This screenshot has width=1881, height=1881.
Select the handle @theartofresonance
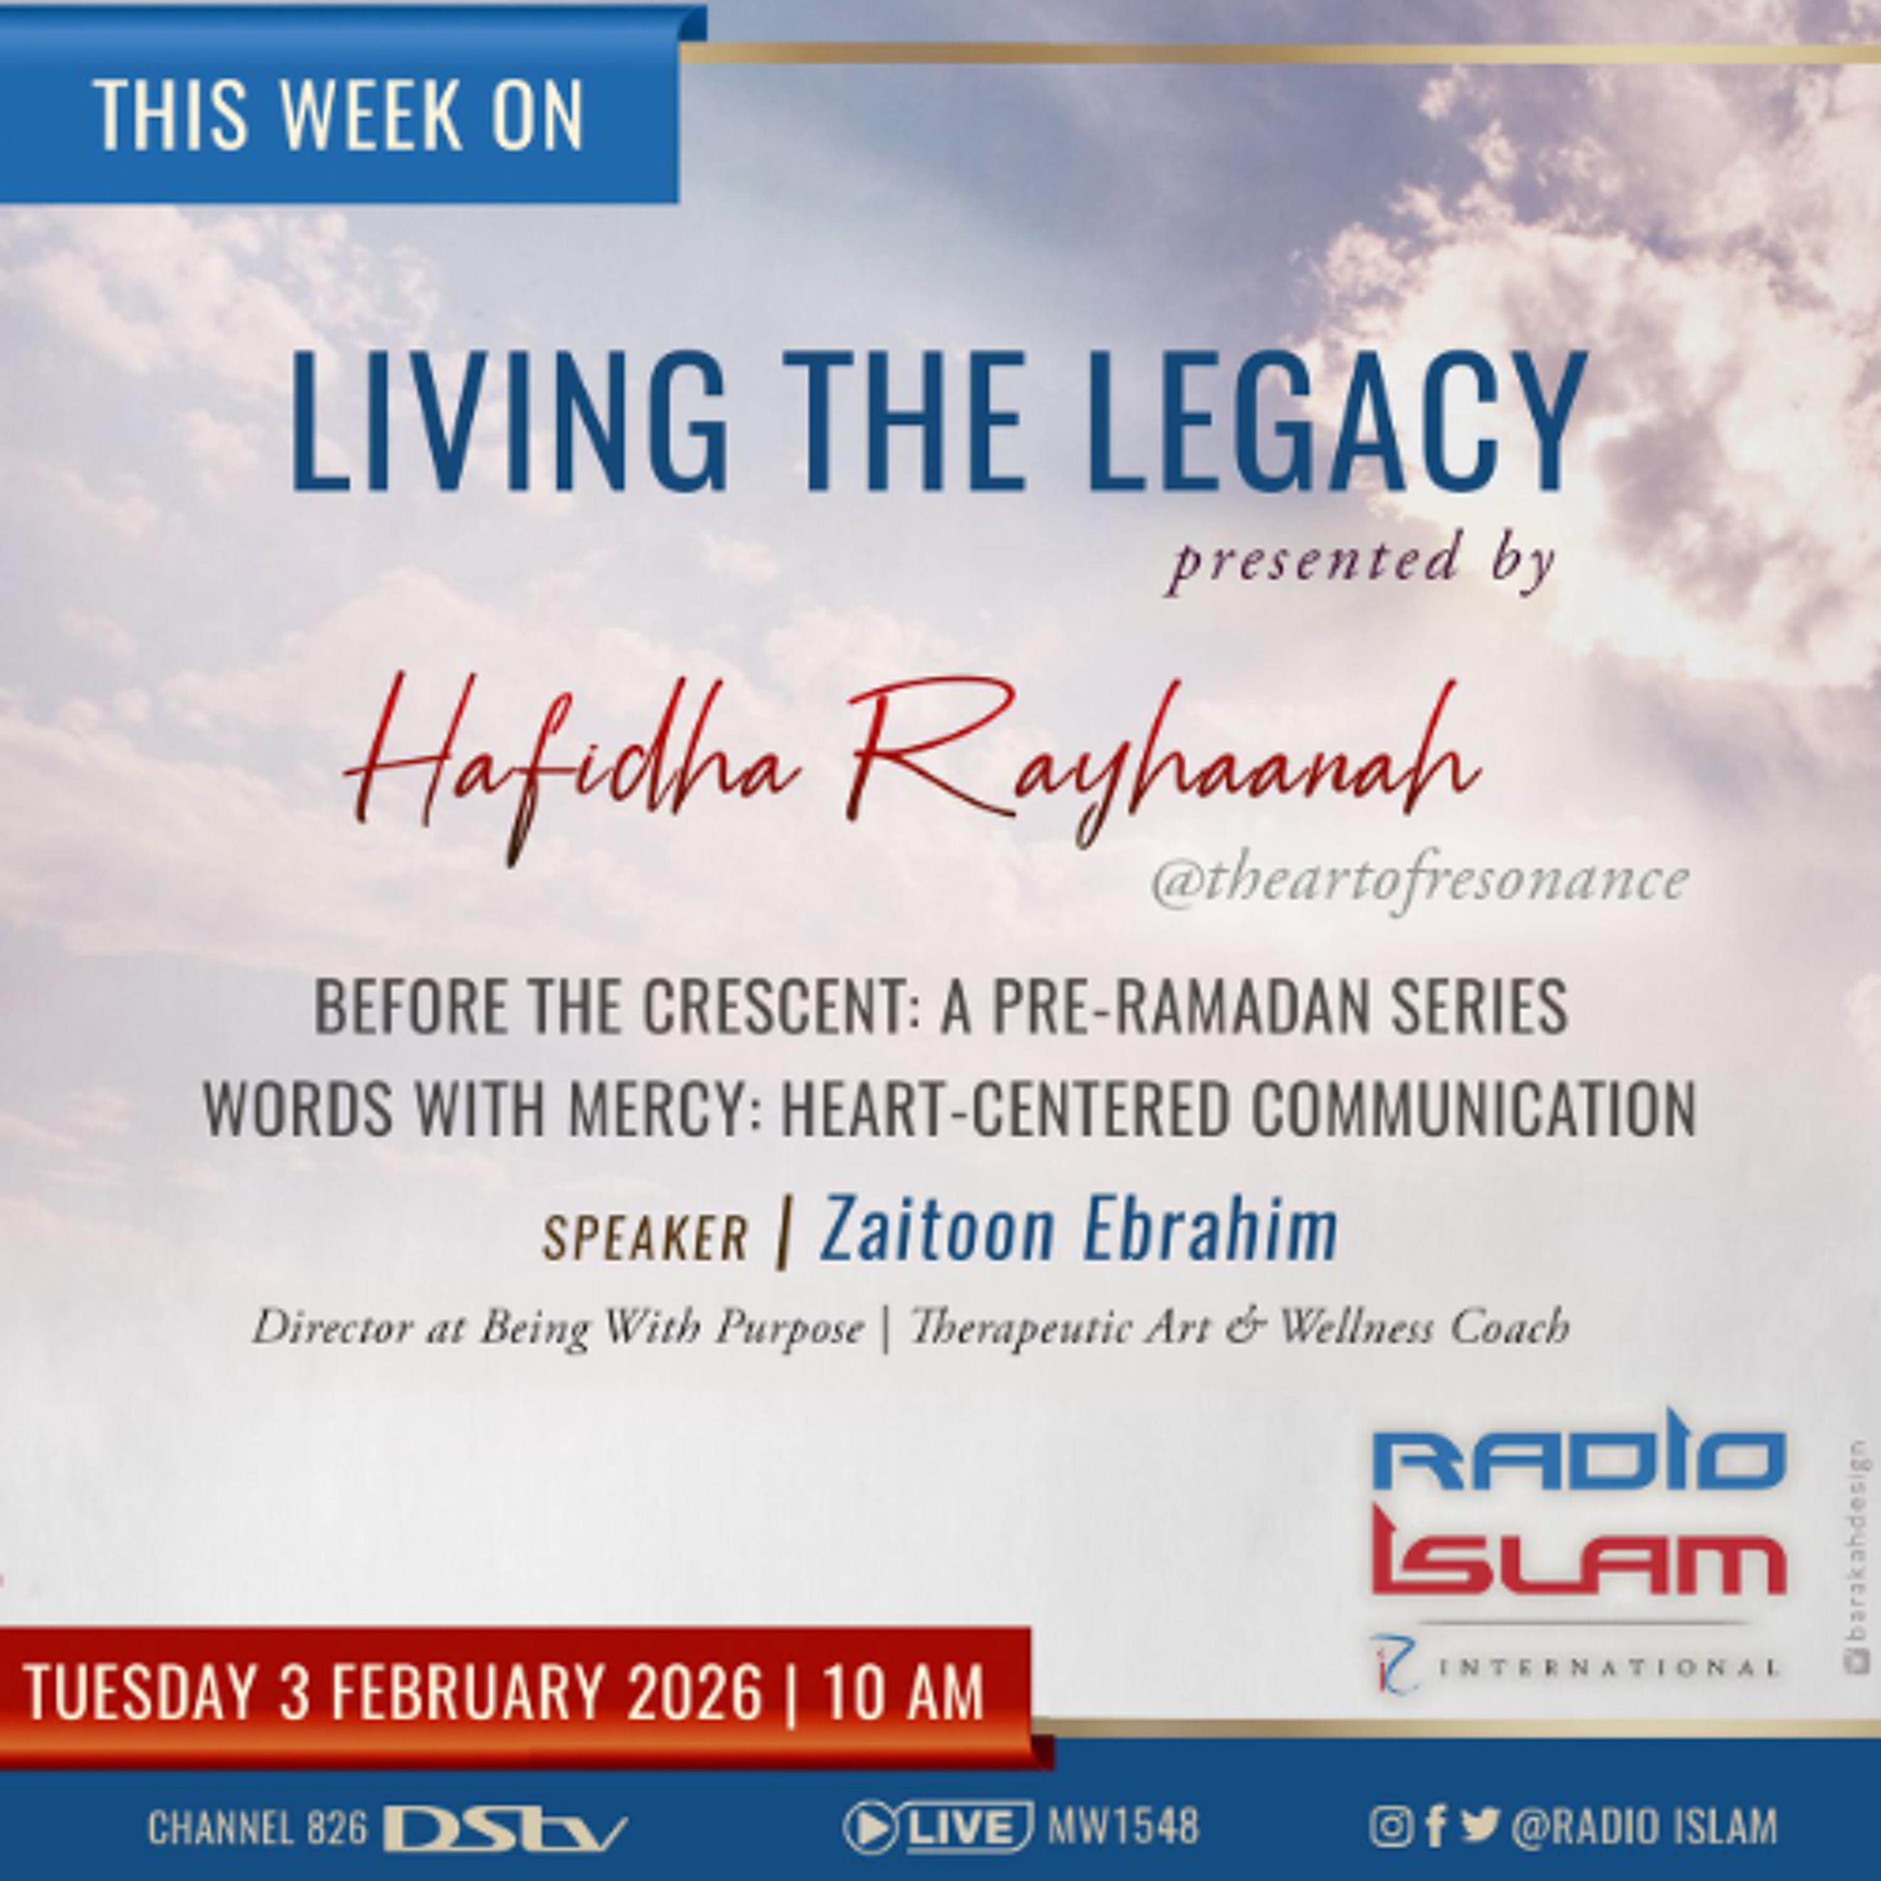pyautogui.click(x=1420, y=881)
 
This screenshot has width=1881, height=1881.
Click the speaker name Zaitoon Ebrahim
pyautogui.click(x=1078, y=1230)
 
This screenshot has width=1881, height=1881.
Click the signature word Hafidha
pyautogui.click(x=574, y=769)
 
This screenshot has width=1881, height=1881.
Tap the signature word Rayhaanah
pyautogui.click(x=1159, y=769)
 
